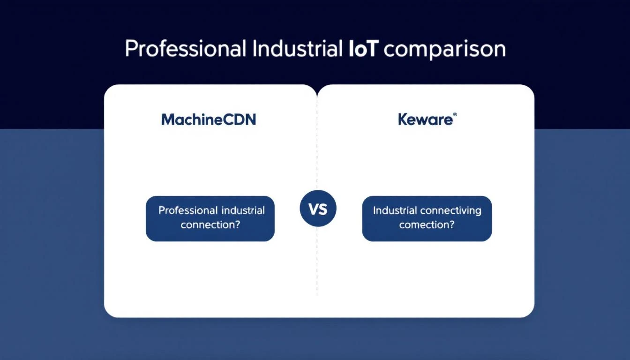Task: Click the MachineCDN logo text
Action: point(209,120)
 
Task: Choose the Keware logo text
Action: point(425,120)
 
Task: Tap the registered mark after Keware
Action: point(454,115)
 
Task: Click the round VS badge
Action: point(318,209)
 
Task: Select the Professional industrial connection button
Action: point(210,218)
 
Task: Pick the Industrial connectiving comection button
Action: point(427,218)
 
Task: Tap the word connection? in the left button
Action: point(210,225)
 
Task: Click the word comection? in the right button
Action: point(427,225)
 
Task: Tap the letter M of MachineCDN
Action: point(168,120)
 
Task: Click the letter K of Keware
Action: point(403,120)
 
